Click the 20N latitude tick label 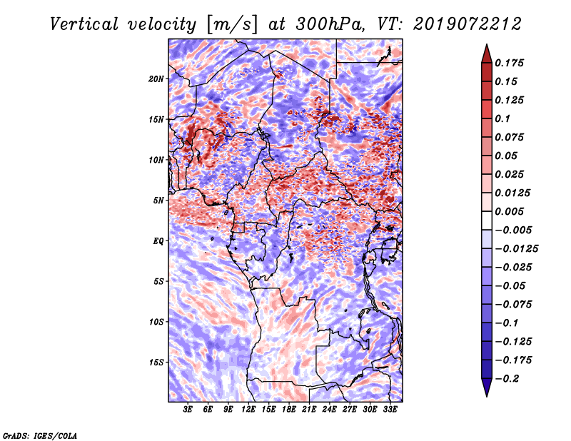[x=156, y=79]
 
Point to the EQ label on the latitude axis [x=158, y=241]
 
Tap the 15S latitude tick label [x=156, y=363]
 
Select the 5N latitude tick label [x=158, y=201]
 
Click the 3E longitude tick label [x=188, y=410]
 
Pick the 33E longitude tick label [x=390, y=410]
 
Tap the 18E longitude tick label [x=289, y=410]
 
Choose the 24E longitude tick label [x=329, y=410]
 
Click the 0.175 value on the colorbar [x=509, y=63]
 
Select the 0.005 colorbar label [x=509, y=211]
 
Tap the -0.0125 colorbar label [x=516, y=249]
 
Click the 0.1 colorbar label [x=502, y=118]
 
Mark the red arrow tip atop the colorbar [x=487, y=45]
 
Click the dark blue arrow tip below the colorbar [x=487, y=395]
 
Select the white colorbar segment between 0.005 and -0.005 [x=487, y=220]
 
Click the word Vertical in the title [x=84, y=24]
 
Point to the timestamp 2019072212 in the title [x=468, y=24]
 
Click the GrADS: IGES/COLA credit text [x=40, y=435]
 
